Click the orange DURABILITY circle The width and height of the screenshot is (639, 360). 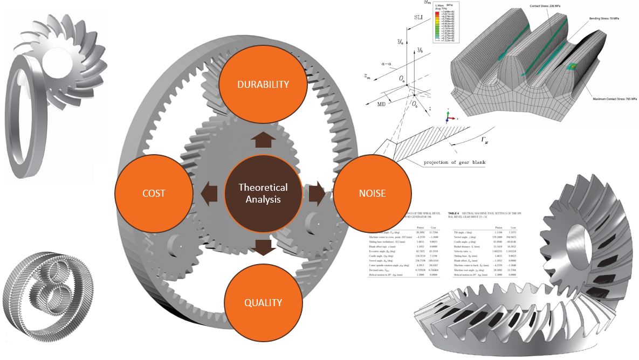click(x=263, y=84)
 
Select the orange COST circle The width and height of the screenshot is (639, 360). click(x=154, y=193)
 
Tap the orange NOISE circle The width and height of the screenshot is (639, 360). click(x=372, y=193)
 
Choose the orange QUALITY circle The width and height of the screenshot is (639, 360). click(x=263, y=302)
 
